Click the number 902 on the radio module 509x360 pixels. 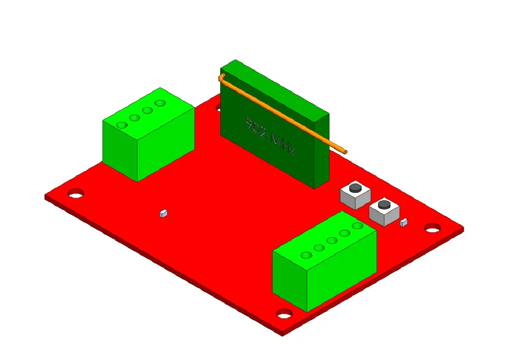pos(256,129)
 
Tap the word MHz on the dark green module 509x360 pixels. pos(283,145)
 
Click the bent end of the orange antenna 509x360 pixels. pos(221,77)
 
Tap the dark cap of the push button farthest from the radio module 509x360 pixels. pos(384,204)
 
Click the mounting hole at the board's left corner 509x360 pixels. pos(76,193)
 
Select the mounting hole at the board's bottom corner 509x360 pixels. pos(284,314)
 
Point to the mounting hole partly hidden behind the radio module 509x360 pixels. pos(218,107)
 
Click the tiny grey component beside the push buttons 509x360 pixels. pos(404,222)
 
